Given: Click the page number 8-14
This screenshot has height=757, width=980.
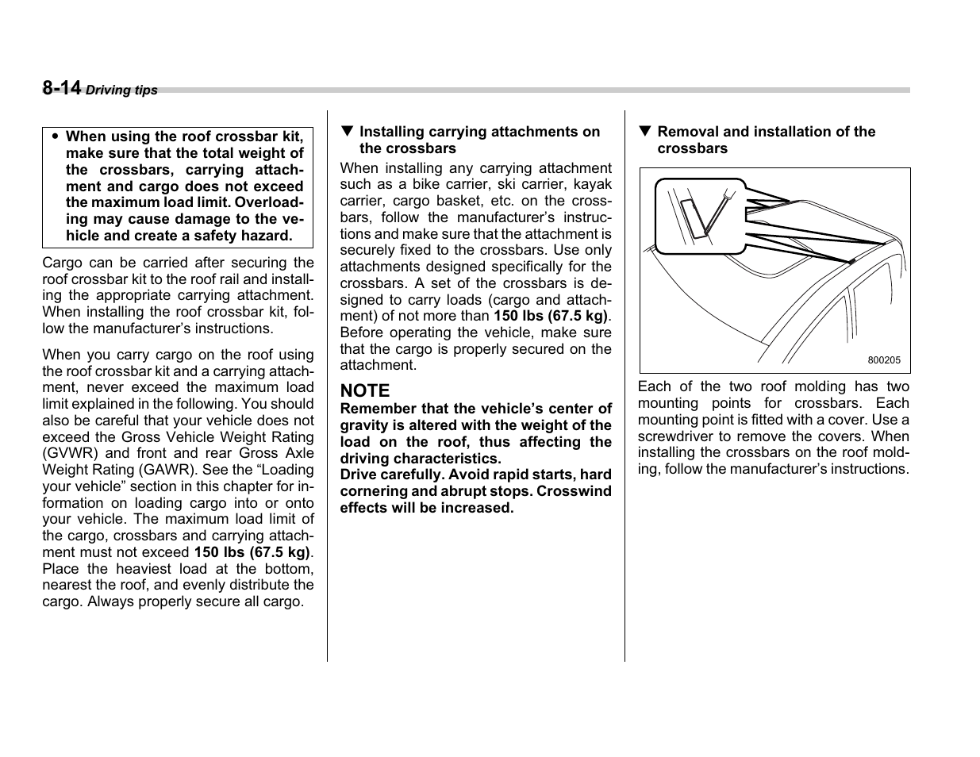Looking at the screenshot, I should [x=62, y=88].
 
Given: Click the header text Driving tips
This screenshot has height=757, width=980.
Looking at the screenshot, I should [x=121, y=90].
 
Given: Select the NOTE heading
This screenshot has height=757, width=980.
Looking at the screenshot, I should [x=365, y=390].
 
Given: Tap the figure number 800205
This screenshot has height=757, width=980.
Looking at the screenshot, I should [x=884, y=359].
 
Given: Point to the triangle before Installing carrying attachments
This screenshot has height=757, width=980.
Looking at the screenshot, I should [x=347, y=132].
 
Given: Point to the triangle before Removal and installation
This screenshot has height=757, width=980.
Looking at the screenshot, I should [x=644, y=132].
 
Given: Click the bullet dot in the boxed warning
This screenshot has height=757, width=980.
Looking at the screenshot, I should [x=55, y=136].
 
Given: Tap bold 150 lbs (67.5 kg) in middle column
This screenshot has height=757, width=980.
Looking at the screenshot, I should [x=550, y=316].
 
